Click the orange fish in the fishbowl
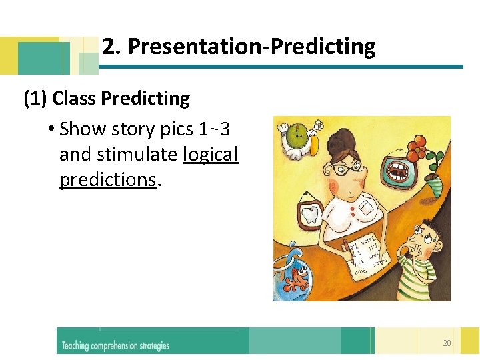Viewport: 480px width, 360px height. coord(294,279)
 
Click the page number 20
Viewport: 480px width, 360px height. coord(446,343)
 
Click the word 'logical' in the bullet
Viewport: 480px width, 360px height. coord(210,155)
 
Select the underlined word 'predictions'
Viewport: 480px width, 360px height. coord(107,180)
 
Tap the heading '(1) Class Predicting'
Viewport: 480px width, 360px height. coord(107,99)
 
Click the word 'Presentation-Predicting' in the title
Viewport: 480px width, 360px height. coord(251,47)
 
